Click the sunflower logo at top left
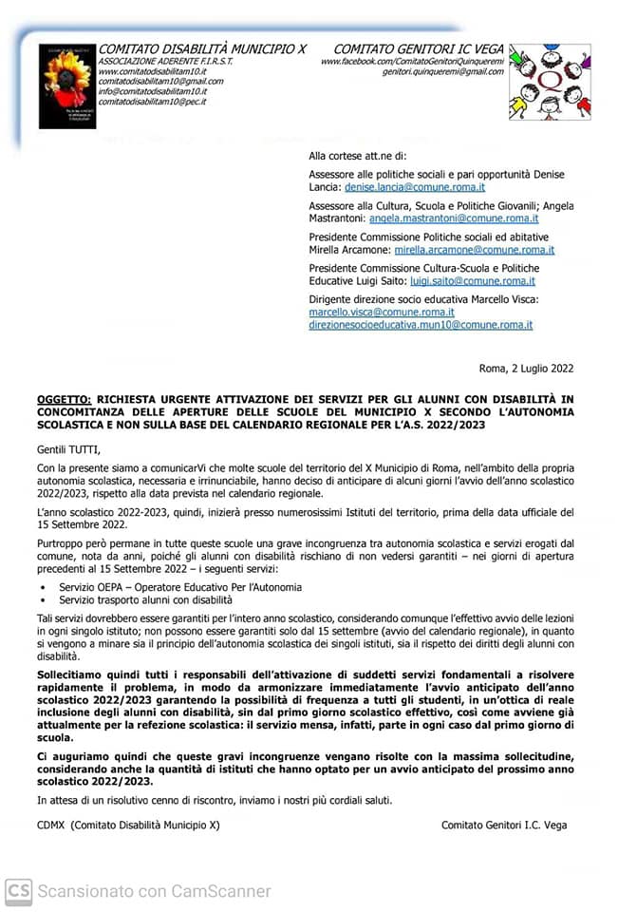pyautogui.click(x=67, y=85)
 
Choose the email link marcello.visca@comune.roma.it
pyautogui.click(x=382, y=312)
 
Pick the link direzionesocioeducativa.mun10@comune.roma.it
pyautogui.click(x=421, y=325)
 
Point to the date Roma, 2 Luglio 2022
pyautogui.click(x=527, y=369)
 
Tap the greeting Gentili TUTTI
pyautogui.click(x=67, y=450)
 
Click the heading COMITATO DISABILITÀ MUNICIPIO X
pyautogui.click(x=202, y=49)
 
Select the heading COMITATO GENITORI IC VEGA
pyautogui.click(x=419, y=49)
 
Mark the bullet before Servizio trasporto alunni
pyautogui.click(x=42, y=601)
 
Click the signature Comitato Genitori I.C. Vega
pyautogui.click(x=504, y=826)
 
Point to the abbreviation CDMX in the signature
pyautogui.click(x=51, y=826)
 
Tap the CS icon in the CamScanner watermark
pyautogui.click(x=18, y=891)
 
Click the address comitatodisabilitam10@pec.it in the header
pyautogui.click(x=152, y=102)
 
